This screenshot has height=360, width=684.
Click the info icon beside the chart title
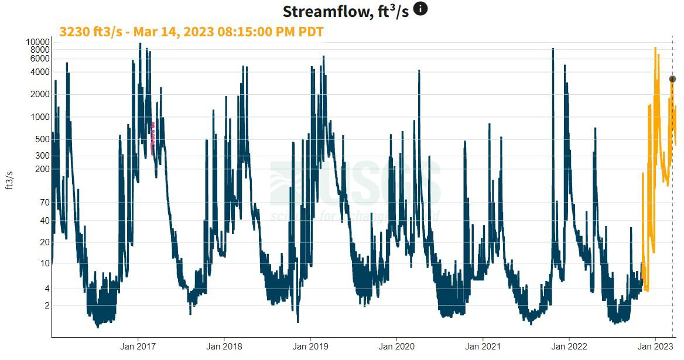420,9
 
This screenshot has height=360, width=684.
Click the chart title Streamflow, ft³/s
346,11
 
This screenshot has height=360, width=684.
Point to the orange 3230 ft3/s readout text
191,32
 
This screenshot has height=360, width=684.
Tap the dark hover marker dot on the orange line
672,79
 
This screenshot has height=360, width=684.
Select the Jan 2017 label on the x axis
138,346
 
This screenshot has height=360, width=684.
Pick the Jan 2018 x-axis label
224,346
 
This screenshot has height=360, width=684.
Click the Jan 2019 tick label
310,346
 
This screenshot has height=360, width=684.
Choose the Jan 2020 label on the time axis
396,346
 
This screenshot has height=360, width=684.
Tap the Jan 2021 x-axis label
483,346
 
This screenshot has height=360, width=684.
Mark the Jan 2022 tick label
569,346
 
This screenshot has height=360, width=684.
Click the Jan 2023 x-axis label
655,346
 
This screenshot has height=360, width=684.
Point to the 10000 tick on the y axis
37,42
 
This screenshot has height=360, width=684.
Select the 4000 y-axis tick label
40,72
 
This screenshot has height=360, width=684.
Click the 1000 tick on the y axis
40,116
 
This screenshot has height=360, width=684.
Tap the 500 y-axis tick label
42,139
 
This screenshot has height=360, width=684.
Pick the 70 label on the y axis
45,203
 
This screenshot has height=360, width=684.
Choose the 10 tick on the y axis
45,263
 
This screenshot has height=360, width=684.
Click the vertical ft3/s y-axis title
9,180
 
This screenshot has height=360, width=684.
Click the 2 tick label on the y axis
47,306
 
